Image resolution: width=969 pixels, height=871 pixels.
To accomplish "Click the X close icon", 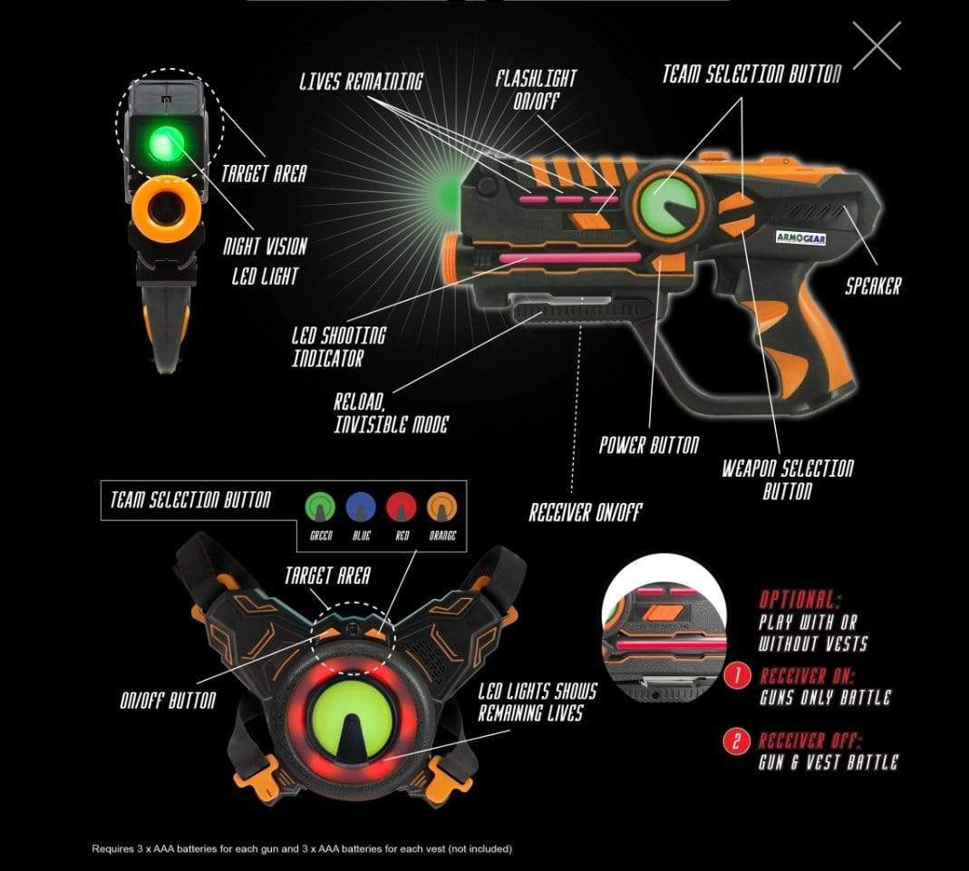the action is pos(877,45).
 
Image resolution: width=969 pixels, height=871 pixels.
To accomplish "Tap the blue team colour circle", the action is pos(361,507).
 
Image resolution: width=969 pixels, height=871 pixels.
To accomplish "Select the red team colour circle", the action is pos(401,507).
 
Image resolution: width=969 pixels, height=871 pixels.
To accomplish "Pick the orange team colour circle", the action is pos(441,507).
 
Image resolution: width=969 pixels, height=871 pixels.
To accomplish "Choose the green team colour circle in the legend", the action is pos(320,507).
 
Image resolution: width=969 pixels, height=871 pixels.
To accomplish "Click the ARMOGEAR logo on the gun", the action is pos(801,237).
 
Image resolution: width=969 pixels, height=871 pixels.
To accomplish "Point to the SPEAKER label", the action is pos(873,286).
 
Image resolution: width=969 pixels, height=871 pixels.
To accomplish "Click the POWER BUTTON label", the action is pos(649,445).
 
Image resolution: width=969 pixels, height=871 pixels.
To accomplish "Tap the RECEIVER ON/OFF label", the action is pos(586,512).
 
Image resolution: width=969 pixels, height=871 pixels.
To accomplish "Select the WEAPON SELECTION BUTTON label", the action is pos(788,479).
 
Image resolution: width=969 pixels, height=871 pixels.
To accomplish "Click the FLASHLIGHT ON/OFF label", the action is pos(536,90).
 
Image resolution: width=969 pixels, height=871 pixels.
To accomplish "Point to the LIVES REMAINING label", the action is pos(361,82).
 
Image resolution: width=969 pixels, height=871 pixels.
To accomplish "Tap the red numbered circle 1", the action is pos(737,676).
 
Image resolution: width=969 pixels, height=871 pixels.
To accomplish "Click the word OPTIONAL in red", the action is pos(799,600).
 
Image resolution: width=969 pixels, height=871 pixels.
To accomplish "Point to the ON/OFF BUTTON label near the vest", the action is pos(168,701).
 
